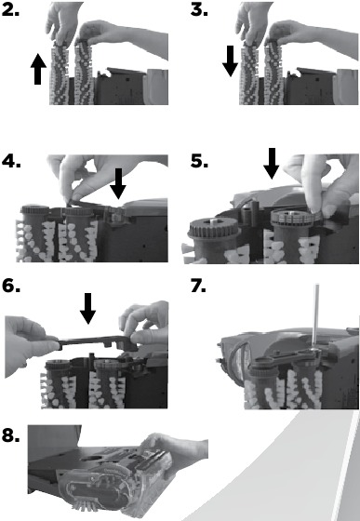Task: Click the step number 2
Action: (x=10, y=9)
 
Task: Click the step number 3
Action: (x=199, y=9)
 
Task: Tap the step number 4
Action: (x=11, y=161)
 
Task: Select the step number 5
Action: (x=199, y=161)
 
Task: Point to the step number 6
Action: (x=10, y=286)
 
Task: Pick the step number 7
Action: (x=198, y=286)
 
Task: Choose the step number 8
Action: (x=10, y=435)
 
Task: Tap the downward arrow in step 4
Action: (x=118, y=184)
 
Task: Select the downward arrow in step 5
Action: (x=272, y=164)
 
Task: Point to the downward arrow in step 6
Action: (x=88, y=308)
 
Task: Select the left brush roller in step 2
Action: (x=60, y=74)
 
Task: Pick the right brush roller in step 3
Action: (x=274, y=73)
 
